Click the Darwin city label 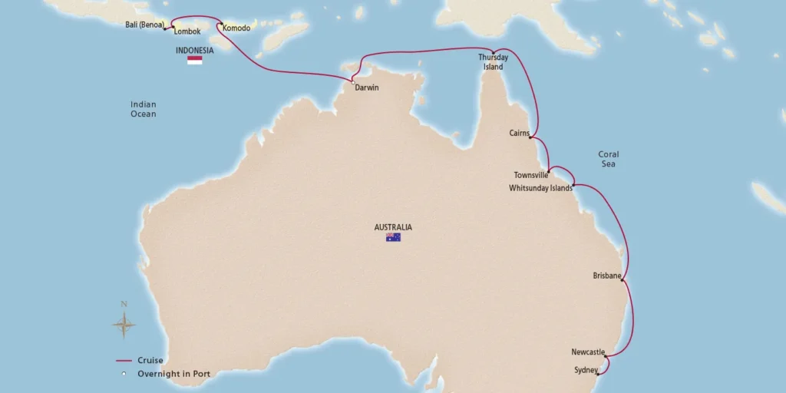click(x=367, y=88)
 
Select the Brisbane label click(x=606, y=276)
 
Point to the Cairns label click(x=519, y=134)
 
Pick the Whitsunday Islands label click(x=540, y=188)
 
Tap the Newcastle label click(x=588, y=352)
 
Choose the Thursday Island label click(x=493, y=62)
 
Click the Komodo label click(x=236, y=28)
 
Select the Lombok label click(x=187, y=31)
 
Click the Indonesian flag click(x=195, y=60)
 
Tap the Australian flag click(x=393, y=238)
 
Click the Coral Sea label click(x=608, y=159)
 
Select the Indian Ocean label click(x=143, y=109)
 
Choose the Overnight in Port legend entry click(x=173, y=375)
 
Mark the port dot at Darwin click(x=352, y=82)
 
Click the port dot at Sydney click(x=597, y=374)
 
